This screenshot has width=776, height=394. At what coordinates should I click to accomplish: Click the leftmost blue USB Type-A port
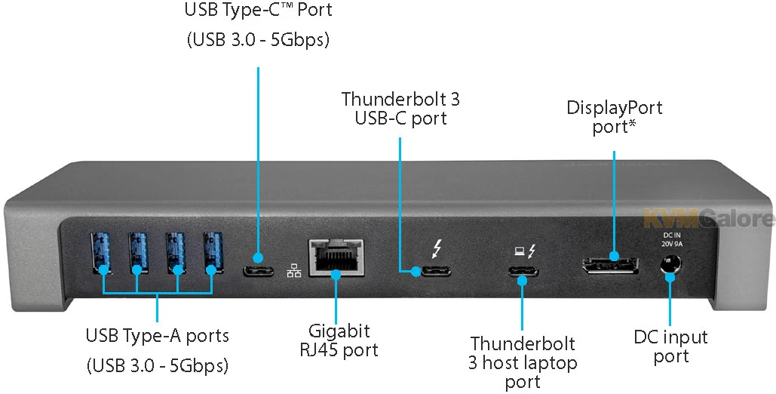tap(101, 252)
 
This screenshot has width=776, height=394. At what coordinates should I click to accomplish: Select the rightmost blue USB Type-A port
tap(213, 252)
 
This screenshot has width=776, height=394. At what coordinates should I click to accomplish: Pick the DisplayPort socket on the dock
tap(609, 266)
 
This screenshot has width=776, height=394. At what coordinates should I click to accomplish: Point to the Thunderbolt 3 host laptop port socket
tap(523, 272)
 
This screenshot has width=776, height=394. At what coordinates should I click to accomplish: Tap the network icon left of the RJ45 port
tap(293, 270)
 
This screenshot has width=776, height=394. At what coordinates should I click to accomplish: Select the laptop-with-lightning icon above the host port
tap(523, 250)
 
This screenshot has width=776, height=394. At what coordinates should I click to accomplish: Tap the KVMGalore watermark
tap(710, 219)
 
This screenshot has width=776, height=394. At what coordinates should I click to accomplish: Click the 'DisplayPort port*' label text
tap(615, 117)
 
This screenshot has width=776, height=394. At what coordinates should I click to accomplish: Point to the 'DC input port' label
tap(670, 346)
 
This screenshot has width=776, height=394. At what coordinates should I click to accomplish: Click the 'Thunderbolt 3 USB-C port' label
tap(400, 108)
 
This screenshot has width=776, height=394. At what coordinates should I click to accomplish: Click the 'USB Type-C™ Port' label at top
tap(258, 11)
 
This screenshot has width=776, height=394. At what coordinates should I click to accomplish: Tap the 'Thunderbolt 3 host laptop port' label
tap(523, 363)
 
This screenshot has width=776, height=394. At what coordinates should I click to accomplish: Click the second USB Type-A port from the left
tap(139, 252)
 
